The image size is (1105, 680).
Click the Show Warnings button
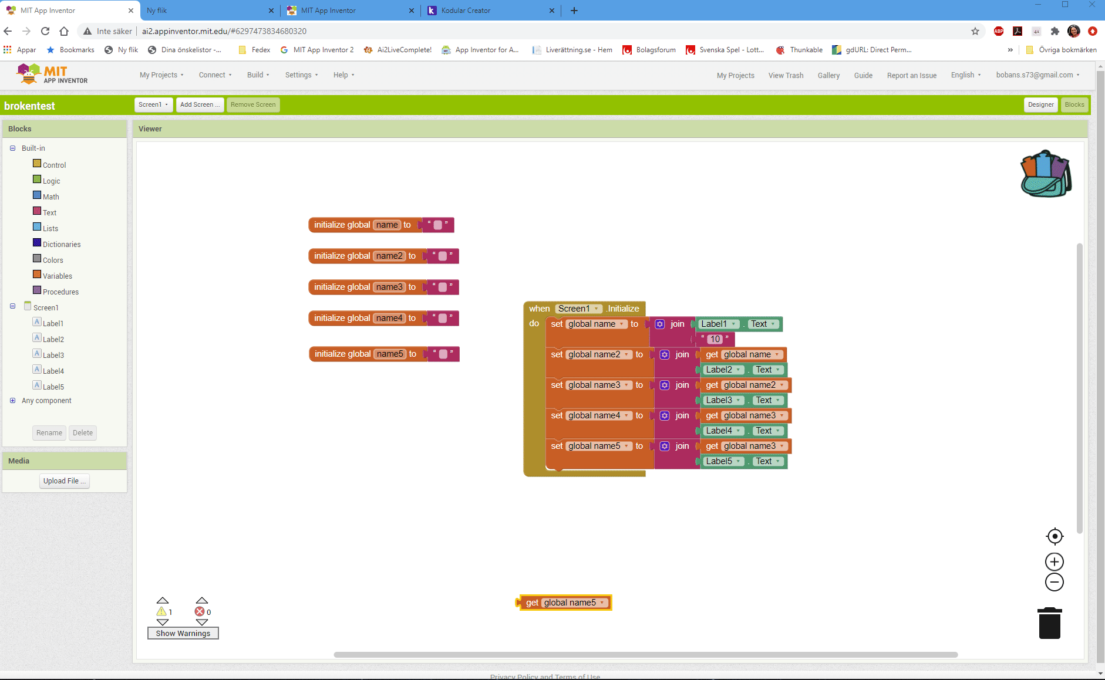(183, 633)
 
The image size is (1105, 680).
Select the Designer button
(1041, 104)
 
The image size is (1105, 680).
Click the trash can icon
(1050, 623)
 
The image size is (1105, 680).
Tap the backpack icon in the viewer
(1046, 174)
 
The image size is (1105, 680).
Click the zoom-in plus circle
(1055, 562)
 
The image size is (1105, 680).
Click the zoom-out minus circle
(1055, 583)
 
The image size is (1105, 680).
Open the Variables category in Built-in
(58, 276)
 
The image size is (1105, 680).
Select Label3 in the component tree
(53, 355)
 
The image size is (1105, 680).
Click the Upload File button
(65, 481)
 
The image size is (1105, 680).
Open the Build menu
(258, 75)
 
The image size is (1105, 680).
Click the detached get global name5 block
(564, 603)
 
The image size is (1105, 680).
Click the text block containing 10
(715, 339)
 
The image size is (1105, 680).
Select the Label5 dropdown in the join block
(723, 461)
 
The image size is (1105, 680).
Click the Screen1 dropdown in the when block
(579, 309)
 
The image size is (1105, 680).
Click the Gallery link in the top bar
(828, 75)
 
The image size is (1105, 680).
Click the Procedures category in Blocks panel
(60, 292)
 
